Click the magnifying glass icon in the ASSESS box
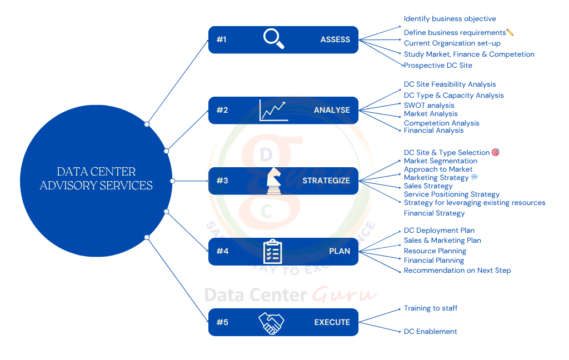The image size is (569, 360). tap(273, 39)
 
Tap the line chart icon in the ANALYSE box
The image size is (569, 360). tap(273, 110)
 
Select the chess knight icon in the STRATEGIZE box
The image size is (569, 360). tap(273, 181)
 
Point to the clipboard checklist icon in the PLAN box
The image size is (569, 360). tap(273, 251)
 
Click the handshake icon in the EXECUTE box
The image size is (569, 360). tap(271, 322)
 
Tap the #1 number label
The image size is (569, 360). tap(222, 40)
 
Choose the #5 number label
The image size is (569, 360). tap(222, 322)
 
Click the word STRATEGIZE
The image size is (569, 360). tap(326, 181)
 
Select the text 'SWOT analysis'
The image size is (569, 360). tap(429, 106)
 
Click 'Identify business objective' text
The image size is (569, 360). tap(450, 19)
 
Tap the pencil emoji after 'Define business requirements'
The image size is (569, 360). tap(510, 33)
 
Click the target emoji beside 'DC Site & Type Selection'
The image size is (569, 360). tap(496, 152)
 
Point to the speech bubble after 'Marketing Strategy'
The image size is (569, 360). tap(475, 178)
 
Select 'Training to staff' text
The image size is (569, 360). tap(431, 308)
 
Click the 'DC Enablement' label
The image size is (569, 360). tap(431, 332)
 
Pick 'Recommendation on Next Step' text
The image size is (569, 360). tap(457, 271)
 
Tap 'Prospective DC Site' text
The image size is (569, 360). tap(438, 66)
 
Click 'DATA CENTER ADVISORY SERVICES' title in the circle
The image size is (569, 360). tap(96, 179)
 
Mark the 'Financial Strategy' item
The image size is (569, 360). tap(434, 213)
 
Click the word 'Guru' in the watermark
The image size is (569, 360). tap(345, 294)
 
